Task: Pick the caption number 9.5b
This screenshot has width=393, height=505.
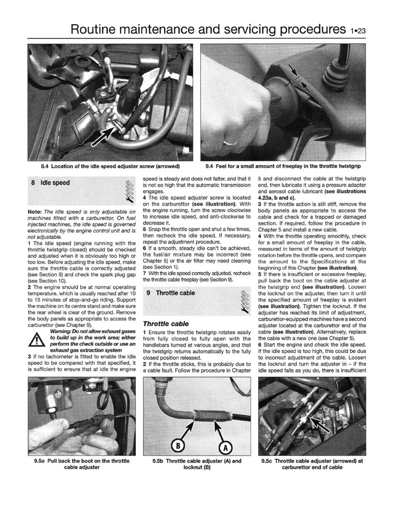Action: (x=159, y=461)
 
